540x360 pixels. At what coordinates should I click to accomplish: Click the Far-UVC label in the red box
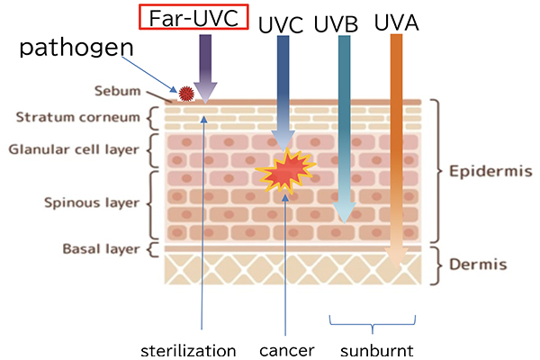[193, 18]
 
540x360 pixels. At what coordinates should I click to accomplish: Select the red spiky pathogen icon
[186, 92]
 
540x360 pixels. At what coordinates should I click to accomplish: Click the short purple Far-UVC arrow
[205, 67]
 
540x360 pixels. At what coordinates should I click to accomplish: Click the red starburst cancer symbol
[283, 170]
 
